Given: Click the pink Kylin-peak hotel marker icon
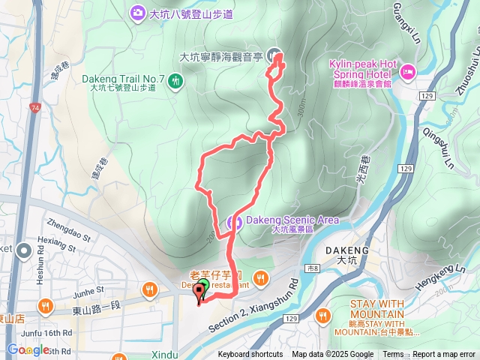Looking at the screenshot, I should tap(408, 73).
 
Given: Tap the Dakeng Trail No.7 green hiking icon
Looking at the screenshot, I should tap(175, 79).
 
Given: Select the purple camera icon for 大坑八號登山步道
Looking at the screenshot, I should tap(137, 12).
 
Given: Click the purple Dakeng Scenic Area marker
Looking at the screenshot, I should tap(232, 221).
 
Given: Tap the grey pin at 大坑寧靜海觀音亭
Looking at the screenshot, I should tap(274, 54).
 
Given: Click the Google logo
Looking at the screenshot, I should tap(28, 350).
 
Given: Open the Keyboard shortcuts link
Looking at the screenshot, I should tap(250, 355).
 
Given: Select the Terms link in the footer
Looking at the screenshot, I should tap(393, 355).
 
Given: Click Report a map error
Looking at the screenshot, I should tap(444, 355).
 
